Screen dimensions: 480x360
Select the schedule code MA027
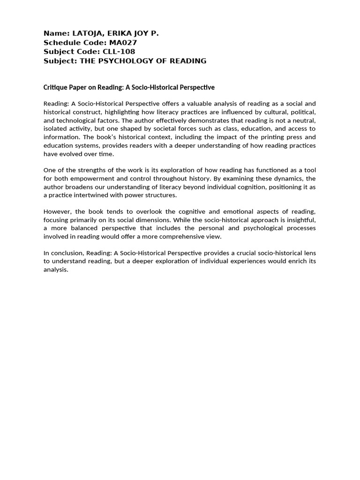coord(123,43)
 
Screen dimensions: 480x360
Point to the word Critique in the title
coord(55,88)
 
